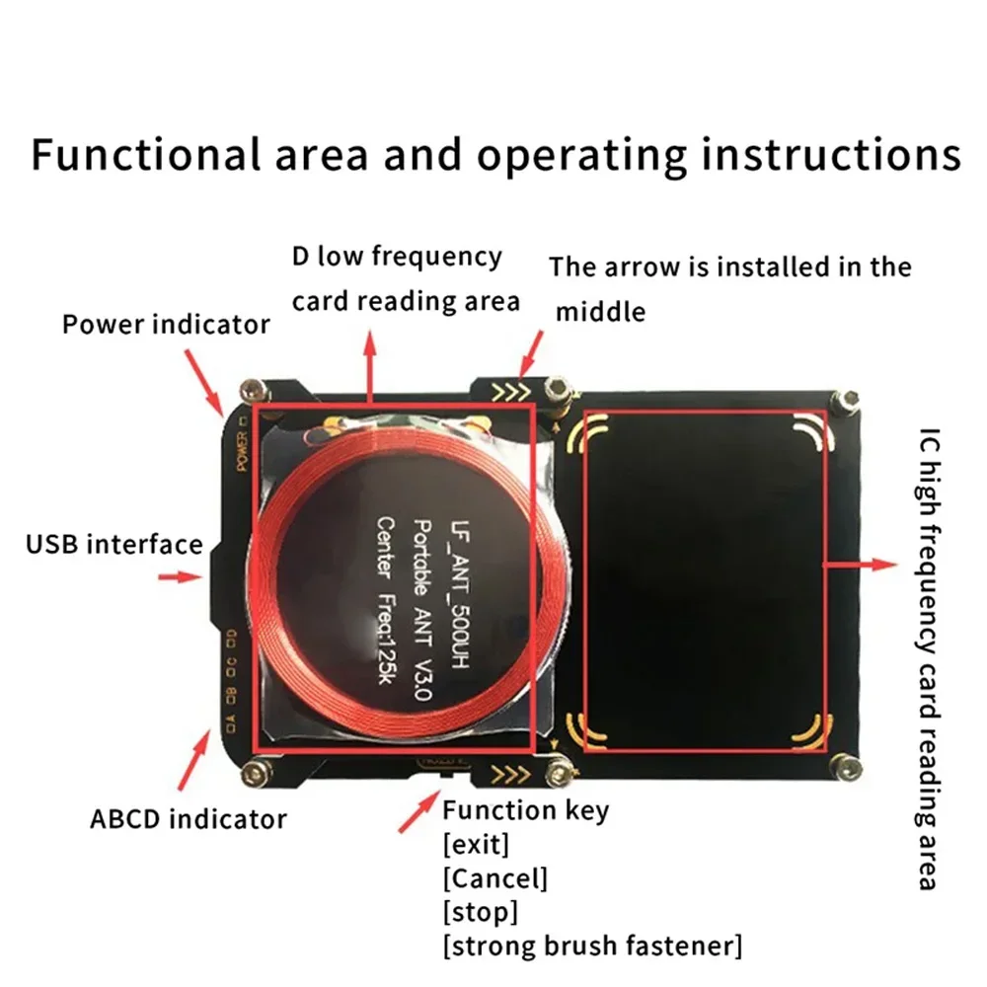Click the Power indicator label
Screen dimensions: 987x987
[166, 324]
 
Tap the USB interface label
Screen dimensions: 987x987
[114, 544]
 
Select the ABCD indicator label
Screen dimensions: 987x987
[188, 818]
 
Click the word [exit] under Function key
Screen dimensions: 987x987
[476, 845]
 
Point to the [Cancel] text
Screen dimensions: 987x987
[494, 877]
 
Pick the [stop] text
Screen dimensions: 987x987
[480, 911]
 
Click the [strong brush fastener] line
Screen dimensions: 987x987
[591, 946]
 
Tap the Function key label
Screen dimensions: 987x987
[525, 811]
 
